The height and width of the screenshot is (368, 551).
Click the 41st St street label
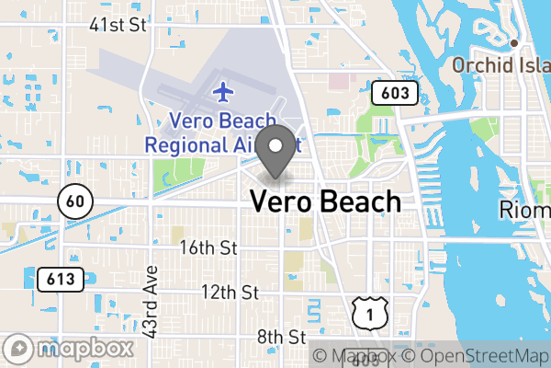[x=118, y=25]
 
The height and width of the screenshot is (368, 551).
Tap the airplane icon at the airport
[x=222, y=92]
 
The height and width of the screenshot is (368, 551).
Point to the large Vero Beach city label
[x=326, y=201]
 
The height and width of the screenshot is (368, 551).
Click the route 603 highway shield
[x=395, y=93]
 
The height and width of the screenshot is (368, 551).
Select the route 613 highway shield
[x=62, y=277]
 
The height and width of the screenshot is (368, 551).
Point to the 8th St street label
[x=281, y=337]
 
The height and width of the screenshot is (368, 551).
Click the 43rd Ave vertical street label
[x=152, y=302]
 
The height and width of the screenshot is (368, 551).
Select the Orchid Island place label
[x=500, y=66]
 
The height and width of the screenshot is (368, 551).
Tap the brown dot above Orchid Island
[x=515, y=42]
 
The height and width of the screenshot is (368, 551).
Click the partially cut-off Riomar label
[x=524, y=211]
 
